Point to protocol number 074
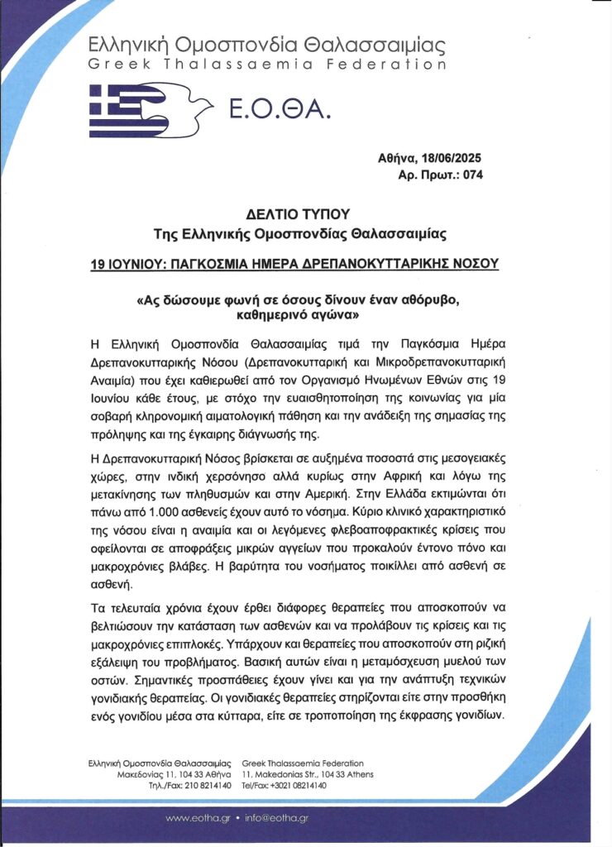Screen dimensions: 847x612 (x=471, y=175)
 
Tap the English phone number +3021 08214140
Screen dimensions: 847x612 (x=299, y=786)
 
